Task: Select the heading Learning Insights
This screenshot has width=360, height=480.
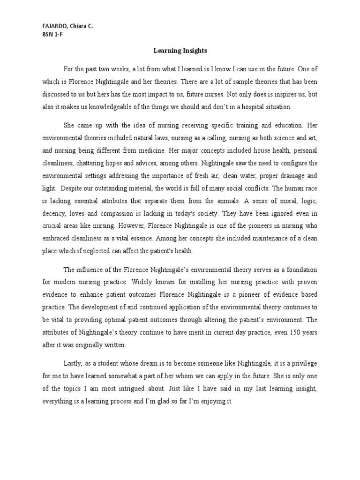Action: click(x=180, y=50)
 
